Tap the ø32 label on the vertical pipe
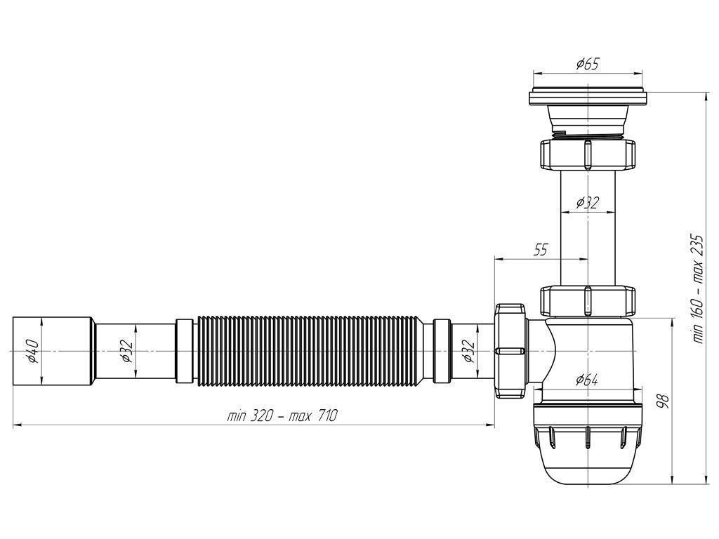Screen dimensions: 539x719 tap(587, 203)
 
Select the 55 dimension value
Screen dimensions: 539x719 tap(540, 251)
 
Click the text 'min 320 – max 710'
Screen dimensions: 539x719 tap(282, 415)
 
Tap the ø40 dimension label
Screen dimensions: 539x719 tap(32, 350)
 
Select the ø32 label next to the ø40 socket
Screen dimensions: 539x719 tap(126, 350)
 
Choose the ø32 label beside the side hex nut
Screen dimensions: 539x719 tap(468, 350)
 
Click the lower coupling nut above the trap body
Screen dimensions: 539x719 tap(587, 300)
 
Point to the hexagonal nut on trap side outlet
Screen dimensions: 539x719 tap(510, 350)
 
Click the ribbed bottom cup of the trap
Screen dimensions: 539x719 tap(587, 449)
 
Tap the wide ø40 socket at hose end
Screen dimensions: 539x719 tap(53, 350)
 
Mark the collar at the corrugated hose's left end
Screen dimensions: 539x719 tap(183, 350)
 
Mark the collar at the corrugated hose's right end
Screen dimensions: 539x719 tap(442, 350)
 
